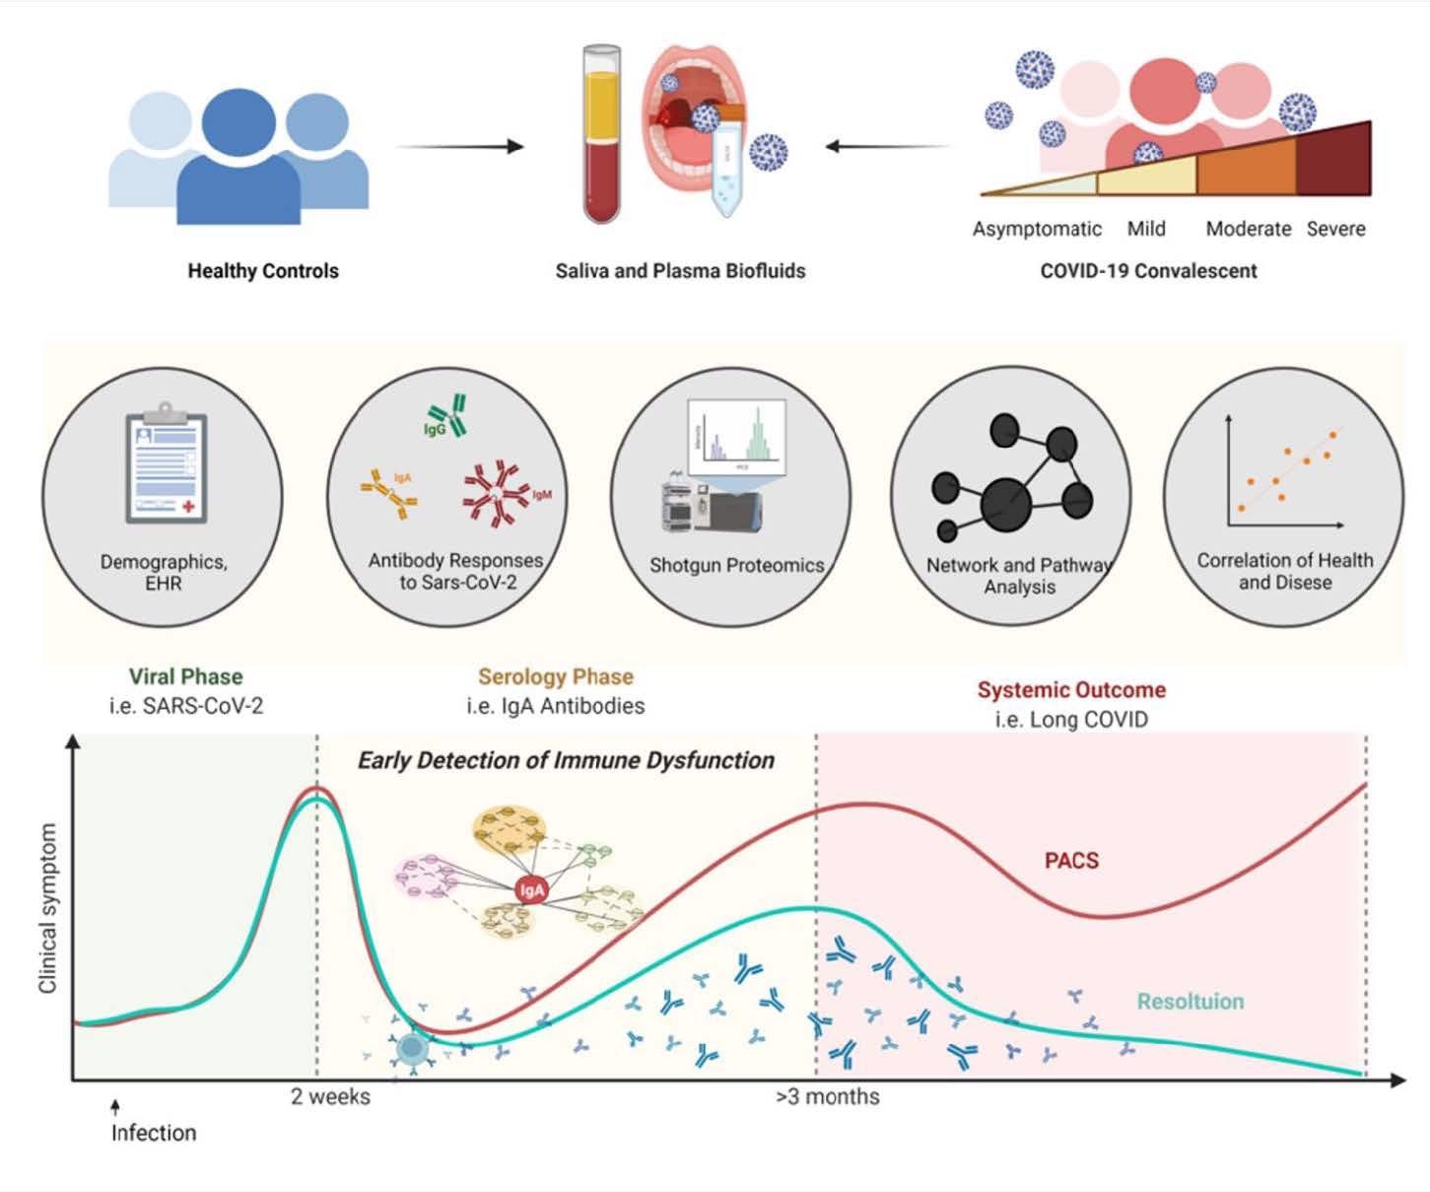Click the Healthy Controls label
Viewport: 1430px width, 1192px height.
(263, 271)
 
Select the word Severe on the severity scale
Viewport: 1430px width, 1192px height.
(1335, 229)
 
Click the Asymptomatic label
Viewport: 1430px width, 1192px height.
(1037, 229)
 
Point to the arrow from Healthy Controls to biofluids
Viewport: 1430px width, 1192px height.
(459, 147)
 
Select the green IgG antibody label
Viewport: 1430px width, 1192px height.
(435, 430)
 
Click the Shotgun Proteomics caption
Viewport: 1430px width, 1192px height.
(736, 566)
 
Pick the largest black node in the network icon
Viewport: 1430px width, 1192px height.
(1006, 504)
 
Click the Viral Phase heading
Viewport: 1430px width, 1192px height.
(185, 676)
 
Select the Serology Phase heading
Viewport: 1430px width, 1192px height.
(556, 676)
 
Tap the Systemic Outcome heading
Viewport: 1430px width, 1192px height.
(1071, 690)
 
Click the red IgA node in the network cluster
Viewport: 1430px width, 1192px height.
(531, 890)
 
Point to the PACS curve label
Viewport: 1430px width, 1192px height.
(1071, 861)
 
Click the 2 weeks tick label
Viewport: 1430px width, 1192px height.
(330, 1096)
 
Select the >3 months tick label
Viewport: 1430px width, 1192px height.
(828, 1096)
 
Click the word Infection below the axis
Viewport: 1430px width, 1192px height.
(154, 1133)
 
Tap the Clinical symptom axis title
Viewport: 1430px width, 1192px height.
(47, 908)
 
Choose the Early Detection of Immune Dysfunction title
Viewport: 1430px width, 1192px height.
(566, 760)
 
